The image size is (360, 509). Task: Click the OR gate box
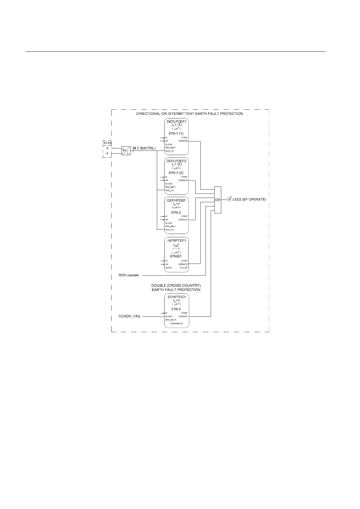[218, 200]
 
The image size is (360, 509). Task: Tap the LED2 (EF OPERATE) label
[249, 200]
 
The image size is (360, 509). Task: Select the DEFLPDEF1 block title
[177, 121]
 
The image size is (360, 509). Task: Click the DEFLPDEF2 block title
[177, 161]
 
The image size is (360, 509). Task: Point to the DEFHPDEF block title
[177, 200]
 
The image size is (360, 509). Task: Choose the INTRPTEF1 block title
[177, 240]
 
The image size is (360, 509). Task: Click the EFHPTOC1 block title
[177, 297]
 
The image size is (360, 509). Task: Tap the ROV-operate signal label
[129, 275]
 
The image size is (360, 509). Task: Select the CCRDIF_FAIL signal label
[130, 316]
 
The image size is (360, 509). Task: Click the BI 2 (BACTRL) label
[144, 148]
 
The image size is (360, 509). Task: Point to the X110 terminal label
[107, 143]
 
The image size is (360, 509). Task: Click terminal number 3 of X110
[107, 148]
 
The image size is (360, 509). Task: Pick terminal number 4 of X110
[107, 153]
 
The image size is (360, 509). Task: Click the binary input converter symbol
[126, 151]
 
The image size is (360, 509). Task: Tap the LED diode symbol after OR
[229, 199]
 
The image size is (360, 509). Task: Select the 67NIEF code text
[176, 256]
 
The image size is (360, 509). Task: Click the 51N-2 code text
[176, 309]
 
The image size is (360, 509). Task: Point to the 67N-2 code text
[176, 212]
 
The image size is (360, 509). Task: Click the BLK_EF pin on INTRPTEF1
[184, 268]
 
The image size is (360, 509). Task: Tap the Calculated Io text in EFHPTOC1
[177, 323]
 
